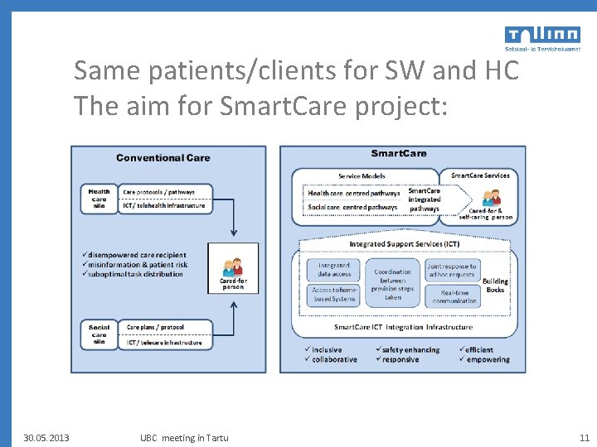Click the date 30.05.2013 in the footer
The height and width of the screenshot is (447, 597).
[x=46, y=438]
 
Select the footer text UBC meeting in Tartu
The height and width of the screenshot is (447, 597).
[x=184, y=438]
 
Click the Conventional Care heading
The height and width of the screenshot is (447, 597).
[x=163, y=157]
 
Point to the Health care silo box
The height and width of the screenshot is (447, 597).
[x=99, y=199]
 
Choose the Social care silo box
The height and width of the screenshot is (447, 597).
[x=99, y=334]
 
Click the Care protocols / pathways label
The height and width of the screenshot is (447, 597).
[x=159, y=192]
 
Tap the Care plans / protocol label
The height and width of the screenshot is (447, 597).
[x=155, y=327]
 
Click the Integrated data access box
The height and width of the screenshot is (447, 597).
[x=334, y=269]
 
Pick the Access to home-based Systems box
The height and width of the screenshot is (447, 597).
[x=333, y=295]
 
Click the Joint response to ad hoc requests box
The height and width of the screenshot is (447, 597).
[x=452, y=270]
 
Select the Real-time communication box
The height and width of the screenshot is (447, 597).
[x=454, y=296]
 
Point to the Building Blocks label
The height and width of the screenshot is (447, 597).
[x=495, y=286]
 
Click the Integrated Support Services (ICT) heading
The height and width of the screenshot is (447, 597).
[x=404, y=244]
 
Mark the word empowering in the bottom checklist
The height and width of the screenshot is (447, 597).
[x=488, y=359]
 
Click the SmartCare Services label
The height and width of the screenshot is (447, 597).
[x=480, y=175]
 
